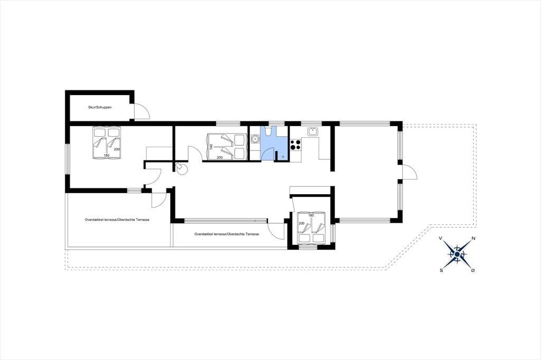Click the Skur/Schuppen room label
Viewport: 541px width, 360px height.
(x=100, y=107)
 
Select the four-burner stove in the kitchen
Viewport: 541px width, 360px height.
(x=295, y=145)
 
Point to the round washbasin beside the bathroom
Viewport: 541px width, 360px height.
(x=255, y=139)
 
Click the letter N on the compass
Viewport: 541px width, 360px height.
(x=473, y=238)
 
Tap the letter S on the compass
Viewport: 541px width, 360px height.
(x=441, y=270)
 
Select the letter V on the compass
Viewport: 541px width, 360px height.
(x=441, y=238)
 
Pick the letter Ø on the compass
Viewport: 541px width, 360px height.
(x=473, y=270)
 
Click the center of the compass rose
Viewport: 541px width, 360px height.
(x=457, y=254)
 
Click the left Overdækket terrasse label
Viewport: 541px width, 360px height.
(x=117, y=220)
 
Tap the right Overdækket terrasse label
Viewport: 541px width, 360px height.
(x=227, y=234)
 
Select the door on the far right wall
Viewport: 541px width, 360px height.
(x=410, y=172)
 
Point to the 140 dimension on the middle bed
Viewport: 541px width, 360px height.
(x=211, y=147)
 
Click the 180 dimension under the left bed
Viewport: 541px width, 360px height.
(x=106, y=156)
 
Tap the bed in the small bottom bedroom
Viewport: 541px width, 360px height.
(x=311, y=228)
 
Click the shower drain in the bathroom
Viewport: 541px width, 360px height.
(x=283, y=157)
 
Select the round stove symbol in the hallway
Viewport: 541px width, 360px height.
(x=181, y=168)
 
